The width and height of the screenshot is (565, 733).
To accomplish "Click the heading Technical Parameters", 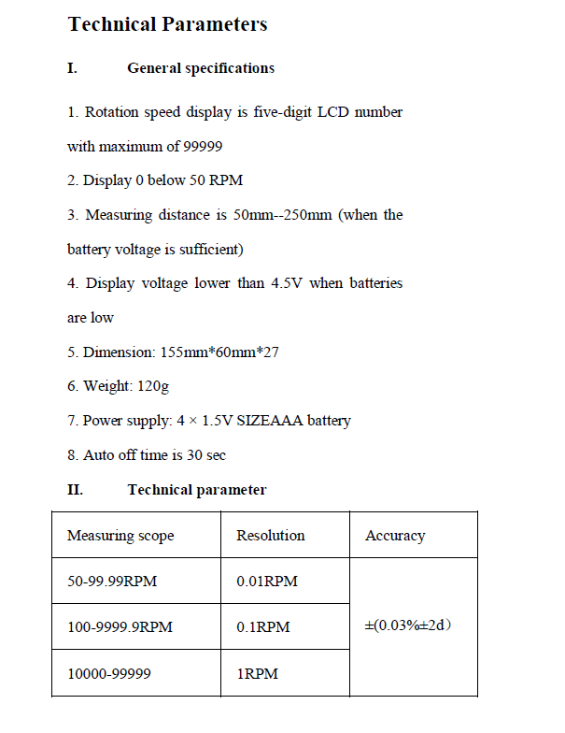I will click(x=167, y=24).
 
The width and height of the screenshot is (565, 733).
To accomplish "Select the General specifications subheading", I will click(x=201, y=68).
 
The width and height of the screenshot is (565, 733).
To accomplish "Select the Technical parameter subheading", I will click(x=197, y=490).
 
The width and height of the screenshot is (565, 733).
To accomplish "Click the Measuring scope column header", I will click(x=120, y=536).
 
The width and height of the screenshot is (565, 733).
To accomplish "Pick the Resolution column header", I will click(x=271, y=536).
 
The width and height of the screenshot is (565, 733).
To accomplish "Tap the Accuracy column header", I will click(x=395, y=536).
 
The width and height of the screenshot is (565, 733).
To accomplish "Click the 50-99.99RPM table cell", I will click(x=112, y=582).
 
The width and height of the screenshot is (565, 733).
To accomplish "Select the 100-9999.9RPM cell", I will click(x=120, y=626).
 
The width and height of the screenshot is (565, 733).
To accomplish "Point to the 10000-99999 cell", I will click(x=109, y=673).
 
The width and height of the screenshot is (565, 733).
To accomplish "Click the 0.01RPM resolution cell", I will click(x=267, y=582).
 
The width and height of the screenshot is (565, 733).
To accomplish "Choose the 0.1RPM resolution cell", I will click(x=263, y=626).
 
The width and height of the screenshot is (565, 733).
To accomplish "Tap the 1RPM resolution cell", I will click(x=258, y=673).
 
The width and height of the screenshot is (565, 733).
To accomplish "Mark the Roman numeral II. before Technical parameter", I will click(x=75, y=490).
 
